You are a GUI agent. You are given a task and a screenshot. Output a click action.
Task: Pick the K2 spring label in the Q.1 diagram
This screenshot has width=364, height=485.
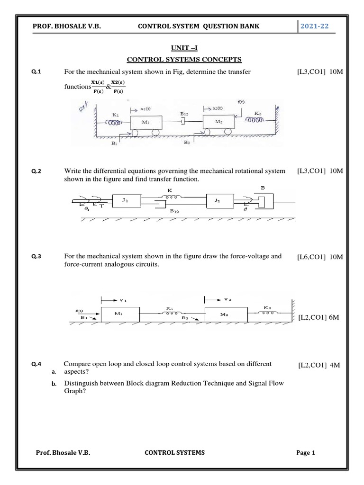[257, 113]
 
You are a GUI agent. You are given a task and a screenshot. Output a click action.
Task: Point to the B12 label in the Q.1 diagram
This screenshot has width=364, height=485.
[185, 114]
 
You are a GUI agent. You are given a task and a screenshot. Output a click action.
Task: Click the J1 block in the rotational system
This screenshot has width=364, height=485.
[125, 201]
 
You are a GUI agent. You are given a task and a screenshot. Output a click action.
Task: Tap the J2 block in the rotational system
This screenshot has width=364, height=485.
[218, 201]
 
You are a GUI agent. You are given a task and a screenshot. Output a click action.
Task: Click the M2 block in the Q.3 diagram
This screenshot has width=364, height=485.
[225, 314]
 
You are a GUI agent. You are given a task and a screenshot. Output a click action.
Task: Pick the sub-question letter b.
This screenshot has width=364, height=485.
[54, 384]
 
